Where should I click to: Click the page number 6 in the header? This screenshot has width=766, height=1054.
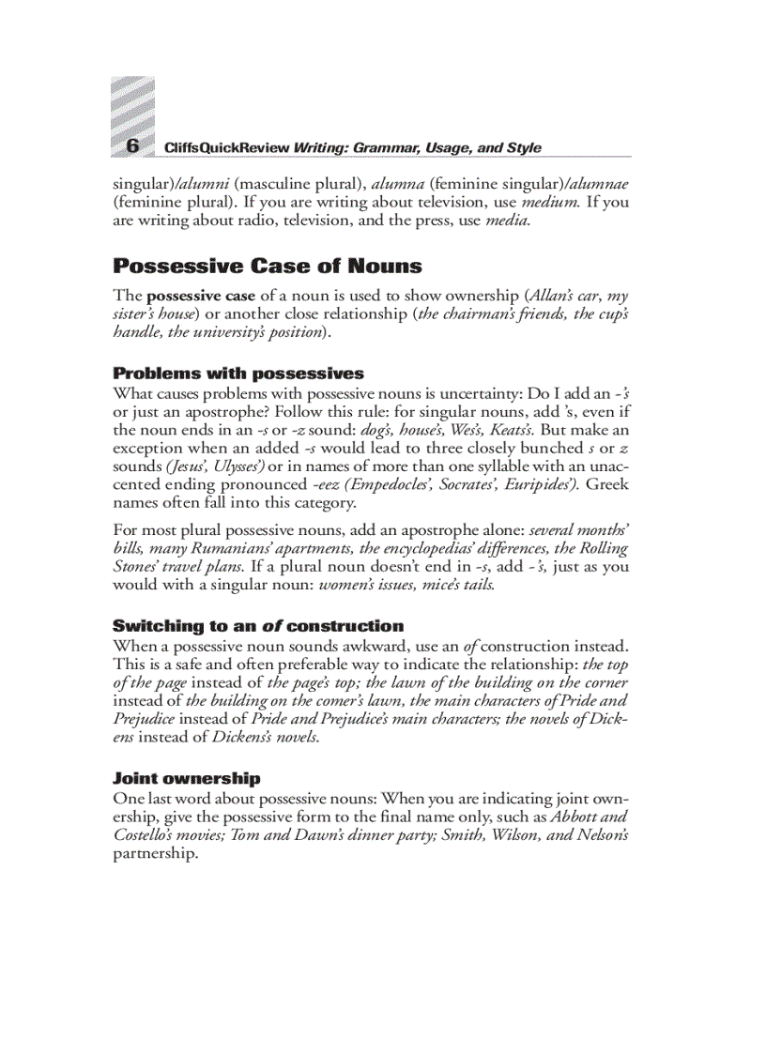[x=132, y=145]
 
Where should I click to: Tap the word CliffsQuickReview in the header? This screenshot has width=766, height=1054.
[x=226, y=148]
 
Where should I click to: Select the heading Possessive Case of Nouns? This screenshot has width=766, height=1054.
[x=268, y=266]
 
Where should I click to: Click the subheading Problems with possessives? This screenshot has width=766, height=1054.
[x=238, y=374]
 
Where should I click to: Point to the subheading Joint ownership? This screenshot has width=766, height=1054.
[x=187, y=778]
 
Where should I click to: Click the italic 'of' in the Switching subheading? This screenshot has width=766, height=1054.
[x=271, y=626]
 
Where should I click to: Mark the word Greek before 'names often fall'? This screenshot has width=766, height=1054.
[x=607, y=484]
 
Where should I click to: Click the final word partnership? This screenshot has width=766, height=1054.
[x=155, y=853]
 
